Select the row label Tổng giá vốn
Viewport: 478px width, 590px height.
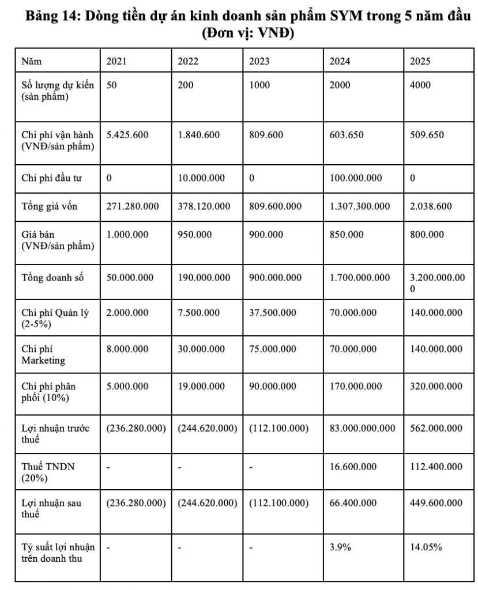tap(49, 206)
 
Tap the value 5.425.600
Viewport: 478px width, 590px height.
tap(127, 135)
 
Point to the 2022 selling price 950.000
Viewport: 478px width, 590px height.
tap(194, 235)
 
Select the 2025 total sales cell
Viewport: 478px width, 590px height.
tap(435, 283)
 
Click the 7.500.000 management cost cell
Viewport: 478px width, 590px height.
tap(198, 313)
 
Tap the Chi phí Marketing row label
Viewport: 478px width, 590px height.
tap(43, 354)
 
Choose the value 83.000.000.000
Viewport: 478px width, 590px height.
tap(362, 428)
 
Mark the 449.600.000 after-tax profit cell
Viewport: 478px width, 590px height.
tap(435, 503)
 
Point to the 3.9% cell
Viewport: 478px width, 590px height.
tap(340, 547)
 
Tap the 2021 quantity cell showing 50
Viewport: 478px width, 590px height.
tap(112, 85)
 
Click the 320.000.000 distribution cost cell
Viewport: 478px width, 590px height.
tap(435, 386)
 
